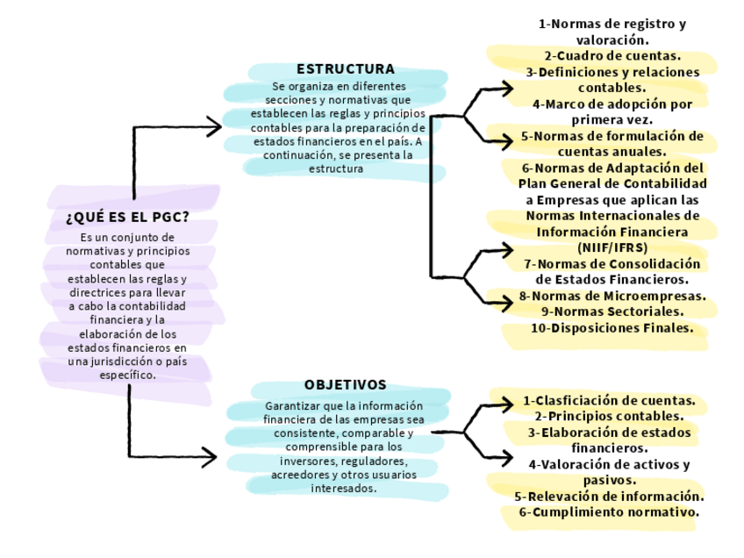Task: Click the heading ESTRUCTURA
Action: click(x=346, y=68)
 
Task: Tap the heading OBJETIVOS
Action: click(x=346, y=384)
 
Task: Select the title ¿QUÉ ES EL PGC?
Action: click(x=128, y=217)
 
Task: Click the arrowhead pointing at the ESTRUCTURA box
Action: click(x=215, y=127)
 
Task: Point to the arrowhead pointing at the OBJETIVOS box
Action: click(x=211, y=457)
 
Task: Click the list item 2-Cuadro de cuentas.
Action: click(x=612, y=56)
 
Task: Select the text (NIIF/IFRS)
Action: click(x=612, y=247)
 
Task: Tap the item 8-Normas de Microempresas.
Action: click(x=612, y=296)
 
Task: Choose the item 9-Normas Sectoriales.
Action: click(x=612, y=311)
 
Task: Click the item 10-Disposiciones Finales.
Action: click(x=612, y=328)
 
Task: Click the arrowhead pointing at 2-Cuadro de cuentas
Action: click(x=507, y=88)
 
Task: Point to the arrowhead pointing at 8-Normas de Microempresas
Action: click(x=507, y=303)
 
